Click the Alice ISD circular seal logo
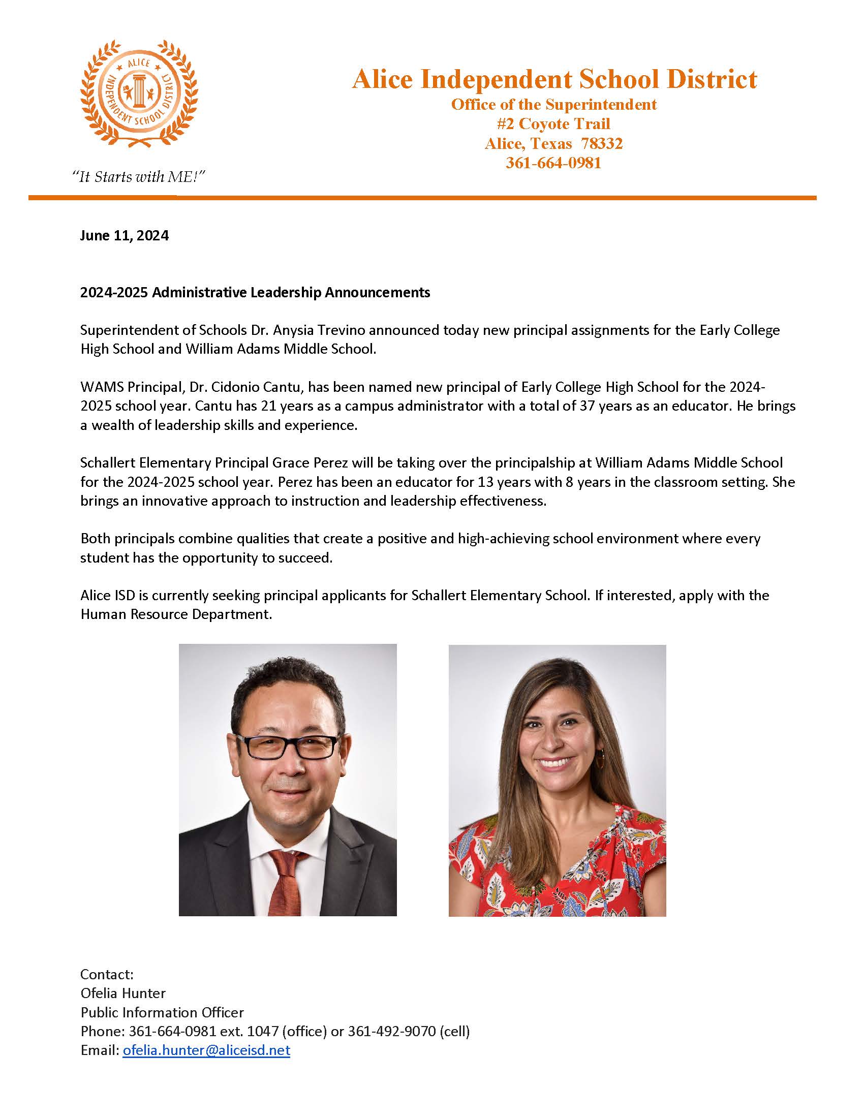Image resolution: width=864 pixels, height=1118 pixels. tap(139, 94)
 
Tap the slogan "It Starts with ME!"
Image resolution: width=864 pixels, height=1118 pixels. tap(138, 177)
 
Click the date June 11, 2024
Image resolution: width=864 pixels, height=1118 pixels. tap(125, 235)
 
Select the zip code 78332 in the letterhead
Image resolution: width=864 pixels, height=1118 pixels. tap(602, 143)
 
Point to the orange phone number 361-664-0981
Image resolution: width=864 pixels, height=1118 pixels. tap(553, 163)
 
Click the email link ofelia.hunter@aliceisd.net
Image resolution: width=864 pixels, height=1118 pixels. tap(206, 1050)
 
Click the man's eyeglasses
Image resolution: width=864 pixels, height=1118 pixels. tap(287, 747)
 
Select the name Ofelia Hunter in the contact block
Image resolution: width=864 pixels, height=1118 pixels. tap(123, 993)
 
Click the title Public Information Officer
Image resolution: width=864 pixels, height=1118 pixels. tap(162, 1012)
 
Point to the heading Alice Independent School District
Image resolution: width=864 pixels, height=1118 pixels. tap(554, 79)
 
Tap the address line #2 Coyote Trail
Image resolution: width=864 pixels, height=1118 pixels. tap(553, 124)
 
